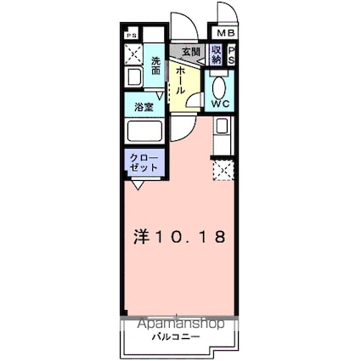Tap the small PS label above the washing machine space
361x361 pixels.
coord(132,35)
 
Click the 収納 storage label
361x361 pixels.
coord(216,56)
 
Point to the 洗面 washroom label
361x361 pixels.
coord(156,65)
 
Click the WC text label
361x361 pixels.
coord(219,104)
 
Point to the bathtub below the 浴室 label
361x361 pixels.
coord(144,133)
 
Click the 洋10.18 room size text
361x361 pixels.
coord(178,237)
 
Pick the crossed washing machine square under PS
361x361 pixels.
coord(135,54)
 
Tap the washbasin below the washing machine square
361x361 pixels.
coord(134,79)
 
